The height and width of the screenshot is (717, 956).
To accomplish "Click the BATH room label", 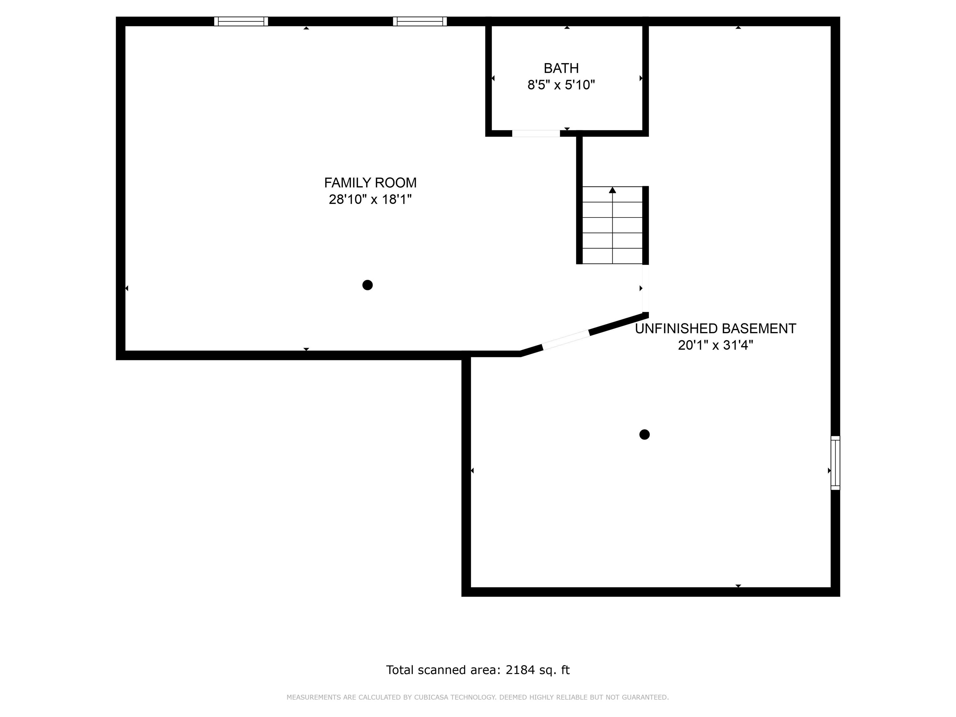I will coord(561,68).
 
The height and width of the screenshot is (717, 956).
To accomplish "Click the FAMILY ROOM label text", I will coord(370,183).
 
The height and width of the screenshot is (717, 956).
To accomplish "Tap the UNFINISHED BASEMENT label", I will coord(715,329).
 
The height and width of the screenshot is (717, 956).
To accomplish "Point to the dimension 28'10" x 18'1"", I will coord(370,200).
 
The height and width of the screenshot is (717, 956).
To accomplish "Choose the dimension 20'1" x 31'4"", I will coord(715,345).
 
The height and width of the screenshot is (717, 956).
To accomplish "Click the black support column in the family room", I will coord(367,285).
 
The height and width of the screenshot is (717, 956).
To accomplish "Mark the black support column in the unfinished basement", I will coord(644,435).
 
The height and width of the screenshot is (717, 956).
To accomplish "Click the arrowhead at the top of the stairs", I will coord(612,190).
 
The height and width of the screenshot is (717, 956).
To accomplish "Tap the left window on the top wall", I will coord(241,21).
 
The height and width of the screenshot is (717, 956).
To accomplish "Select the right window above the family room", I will coord(420,21).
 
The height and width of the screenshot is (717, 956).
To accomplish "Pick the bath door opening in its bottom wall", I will coord(536,134).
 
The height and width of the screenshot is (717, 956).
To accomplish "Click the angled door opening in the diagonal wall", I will coord(566,340).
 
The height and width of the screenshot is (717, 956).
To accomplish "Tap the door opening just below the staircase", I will coord(645,288).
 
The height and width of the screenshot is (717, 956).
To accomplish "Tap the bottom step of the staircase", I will coord(612,256).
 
